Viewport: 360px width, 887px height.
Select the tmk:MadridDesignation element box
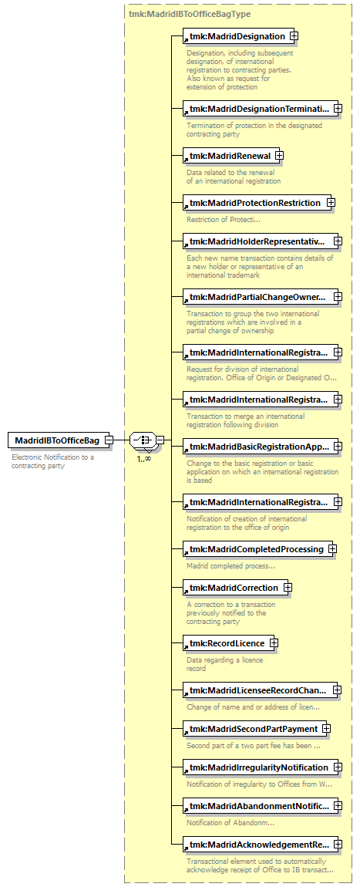[x=237, y=36]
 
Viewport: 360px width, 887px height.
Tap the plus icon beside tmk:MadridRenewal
[x=278, y=155]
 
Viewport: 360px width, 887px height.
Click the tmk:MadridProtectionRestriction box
[x=257, y=203]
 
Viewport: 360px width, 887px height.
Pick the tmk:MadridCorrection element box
[x=235, y=587]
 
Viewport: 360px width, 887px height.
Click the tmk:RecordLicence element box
[x=228, y=642]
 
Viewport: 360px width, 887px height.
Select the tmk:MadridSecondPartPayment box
[x=255, y=729]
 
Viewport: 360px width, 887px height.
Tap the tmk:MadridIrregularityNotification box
[x=261, y=767]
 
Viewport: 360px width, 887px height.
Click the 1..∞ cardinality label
[x=143, y=458]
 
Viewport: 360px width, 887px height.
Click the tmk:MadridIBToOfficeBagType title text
[x=190, y=14]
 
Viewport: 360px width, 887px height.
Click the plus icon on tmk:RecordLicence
[x=274, y=642]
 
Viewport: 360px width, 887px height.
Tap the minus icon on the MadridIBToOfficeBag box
[x=108, y=440]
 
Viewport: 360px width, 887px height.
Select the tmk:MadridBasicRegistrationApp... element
[x=261, y=446]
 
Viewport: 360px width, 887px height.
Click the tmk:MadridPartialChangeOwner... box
[x=261, y=296]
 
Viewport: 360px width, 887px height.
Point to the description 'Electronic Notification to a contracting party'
[x=52, y=461]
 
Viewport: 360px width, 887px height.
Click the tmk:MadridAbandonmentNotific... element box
[x=261, y=805]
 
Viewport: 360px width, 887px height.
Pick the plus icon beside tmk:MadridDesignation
[x=293, y=36]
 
